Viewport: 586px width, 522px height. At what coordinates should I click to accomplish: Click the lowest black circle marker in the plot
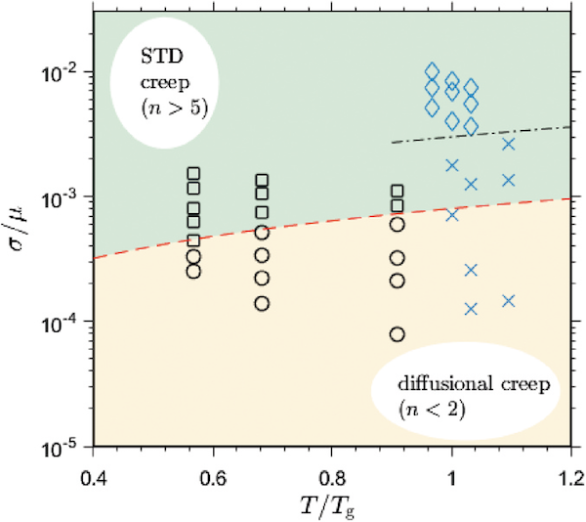pyautogui.click(x=398, y=334)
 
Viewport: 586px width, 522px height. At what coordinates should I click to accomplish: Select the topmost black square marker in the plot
pyautogui.click(x=193, y=174)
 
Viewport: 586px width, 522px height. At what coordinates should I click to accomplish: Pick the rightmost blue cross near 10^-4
pyautogui.click(x=509, y=301)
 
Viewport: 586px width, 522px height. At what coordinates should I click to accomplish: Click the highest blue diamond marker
pyautogui.click(x=433, y=71)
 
